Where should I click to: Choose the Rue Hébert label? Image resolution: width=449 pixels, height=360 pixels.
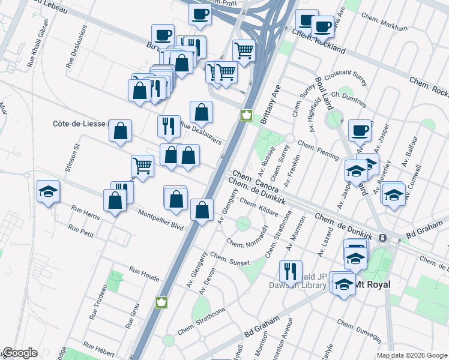coord(99,347)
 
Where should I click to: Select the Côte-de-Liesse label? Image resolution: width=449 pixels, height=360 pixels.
coord(80,123)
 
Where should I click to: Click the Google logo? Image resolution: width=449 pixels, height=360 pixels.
coord(19,353)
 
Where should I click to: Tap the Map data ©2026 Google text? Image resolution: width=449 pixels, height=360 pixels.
coord(412,355)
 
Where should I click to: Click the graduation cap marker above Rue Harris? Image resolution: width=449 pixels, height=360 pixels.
coord(48,191)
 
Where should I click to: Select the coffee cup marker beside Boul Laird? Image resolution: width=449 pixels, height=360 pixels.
coord(360,130)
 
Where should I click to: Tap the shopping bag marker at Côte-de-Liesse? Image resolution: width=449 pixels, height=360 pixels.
coord(120,130)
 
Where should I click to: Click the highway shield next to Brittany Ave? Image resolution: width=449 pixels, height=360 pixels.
coord(246,115)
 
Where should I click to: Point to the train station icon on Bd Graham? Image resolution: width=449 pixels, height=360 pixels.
coord(382,238)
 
